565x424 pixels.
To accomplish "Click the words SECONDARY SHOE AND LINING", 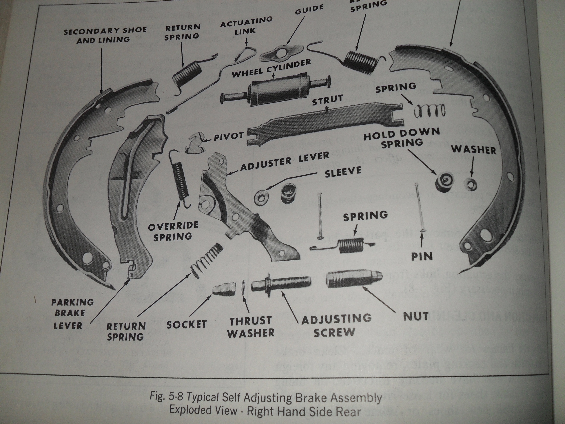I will pos(105,35).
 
